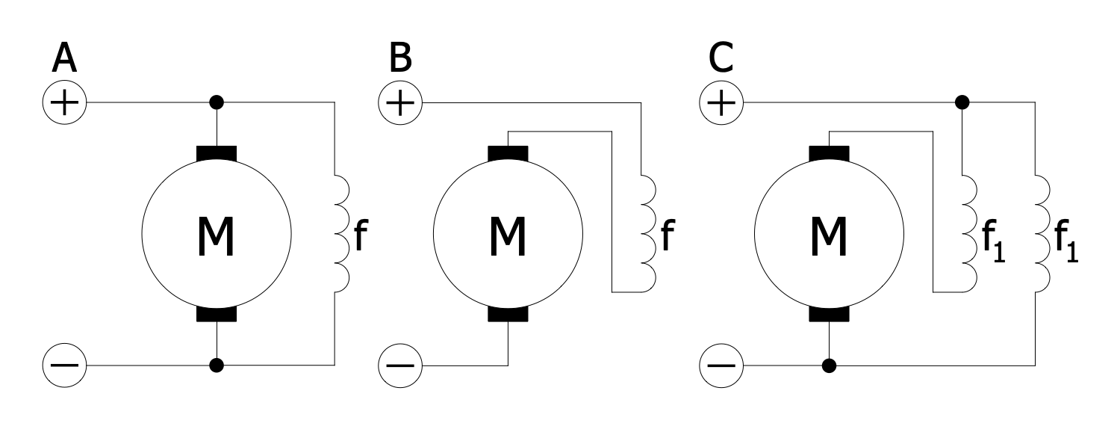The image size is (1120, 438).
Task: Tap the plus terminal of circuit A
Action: [65, 102]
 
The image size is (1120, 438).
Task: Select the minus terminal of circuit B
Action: [401, 366]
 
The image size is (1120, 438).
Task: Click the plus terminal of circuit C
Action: [721, 102]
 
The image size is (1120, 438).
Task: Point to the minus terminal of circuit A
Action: [65, 366]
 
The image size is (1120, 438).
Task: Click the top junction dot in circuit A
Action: [217, 102]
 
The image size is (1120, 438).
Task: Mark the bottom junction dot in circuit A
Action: [217, 365]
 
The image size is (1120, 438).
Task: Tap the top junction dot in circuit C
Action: [962, 102]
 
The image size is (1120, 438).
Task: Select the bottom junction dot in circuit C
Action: [828, 365]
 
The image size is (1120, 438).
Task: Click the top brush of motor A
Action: [217, 153]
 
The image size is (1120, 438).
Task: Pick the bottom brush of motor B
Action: [508, 314]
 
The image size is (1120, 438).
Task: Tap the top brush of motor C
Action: [829, 153]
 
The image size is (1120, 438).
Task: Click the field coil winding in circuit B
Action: [647, 233]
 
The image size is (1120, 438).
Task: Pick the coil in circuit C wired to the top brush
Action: [969, 233]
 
